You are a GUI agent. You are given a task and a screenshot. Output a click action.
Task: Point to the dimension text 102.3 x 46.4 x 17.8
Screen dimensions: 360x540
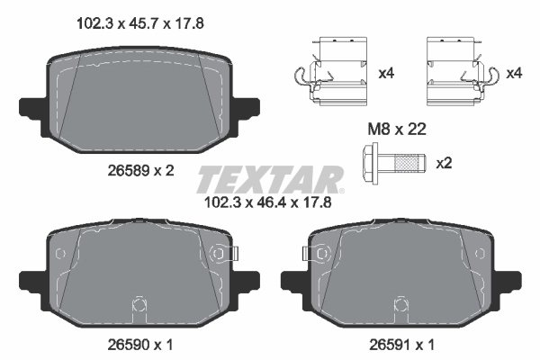pos(270,202)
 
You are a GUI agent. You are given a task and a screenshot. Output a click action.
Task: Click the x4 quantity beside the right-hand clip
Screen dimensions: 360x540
pos(515,73)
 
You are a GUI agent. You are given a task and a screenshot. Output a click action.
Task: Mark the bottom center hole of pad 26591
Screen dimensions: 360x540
pos(400,303)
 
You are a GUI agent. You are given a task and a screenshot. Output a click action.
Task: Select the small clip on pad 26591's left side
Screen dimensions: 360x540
pos(314,256)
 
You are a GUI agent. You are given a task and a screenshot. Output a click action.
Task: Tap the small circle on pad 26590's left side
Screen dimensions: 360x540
pos(59,255)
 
